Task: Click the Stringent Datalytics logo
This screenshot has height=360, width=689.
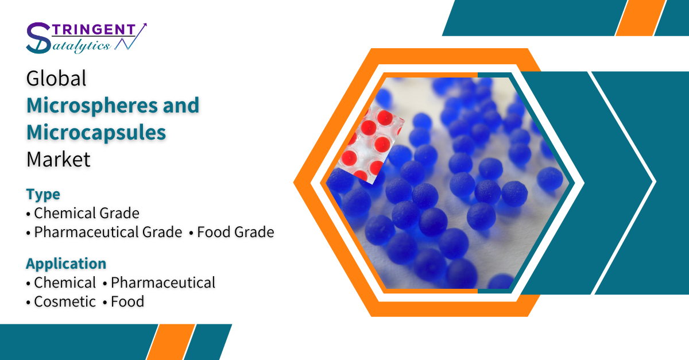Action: pyautogui.click(x=87, y=38)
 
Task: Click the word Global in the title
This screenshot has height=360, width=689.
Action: pyautogui.click(x=56, y=78)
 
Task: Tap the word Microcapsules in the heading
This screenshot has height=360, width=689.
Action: pyautogui.click(x=96, y=132)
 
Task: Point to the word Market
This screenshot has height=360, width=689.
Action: pyautogui.click(x=59, y=160)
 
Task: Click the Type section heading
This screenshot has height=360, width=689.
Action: pyautogui.click(x=43, y=194)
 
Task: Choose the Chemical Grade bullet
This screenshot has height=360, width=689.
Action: pyautogui.click(x=83, y=213)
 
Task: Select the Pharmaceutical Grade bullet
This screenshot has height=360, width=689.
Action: pyautogui.click(x=104, y=232)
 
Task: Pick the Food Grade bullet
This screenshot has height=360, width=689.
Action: pyautogui.click(x=231, y=232)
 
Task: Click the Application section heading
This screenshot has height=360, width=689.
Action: pyautogui.click(x=66, y=264)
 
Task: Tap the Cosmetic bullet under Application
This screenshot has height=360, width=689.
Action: pyautogui.click(x=61, y=301)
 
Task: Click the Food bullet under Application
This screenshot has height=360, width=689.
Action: pyautogui.click(x=123, y=301)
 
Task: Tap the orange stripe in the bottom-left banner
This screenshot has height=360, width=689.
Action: pyautogui.click(x=171, y=342)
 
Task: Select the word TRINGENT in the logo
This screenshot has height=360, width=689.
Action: pyautogui.click(x=94, y=29)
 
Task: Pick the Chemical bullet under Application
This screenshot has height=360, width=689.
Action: pyautogui.click(x=61, y=282)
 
